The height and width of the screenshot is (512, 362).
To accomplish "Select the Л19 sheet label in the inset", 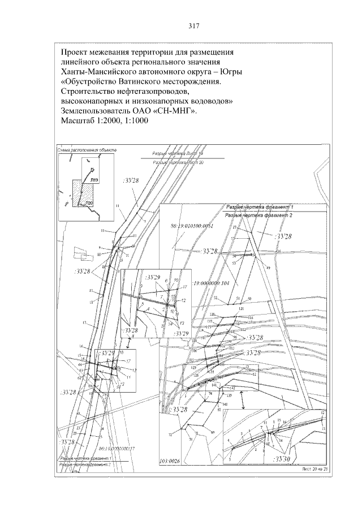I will pos(94,179).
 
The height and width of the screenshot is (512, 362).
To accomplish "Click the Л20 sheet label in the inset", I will pos(89,203).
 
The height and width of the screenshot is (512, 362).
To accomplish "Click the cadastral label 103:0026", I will pos(170,461).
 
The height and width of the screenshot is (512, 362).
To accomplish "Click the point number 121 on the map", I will pos(242,308).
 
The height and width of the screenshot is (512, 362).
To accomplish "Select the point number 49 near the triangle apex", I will pos(268,267).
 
